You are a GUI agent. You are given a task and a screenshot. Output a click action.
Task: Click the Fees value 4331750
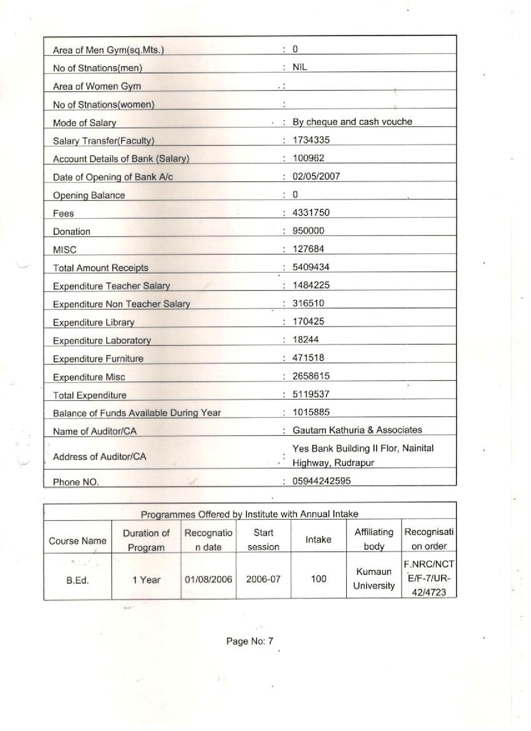(x=311, y=213)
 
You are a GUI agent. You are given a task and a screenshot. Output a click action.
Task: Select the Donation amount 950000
(x=308, y=231)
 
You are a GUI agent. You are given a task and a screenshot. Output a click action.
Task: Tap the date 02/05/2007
(x=316, y=176)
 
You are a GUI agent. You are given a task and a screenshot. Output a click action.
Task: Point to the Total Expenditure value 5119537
(x=311, y=394)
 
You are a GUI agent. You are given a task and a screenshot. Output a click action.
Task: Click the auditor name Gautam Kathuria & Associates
(x=357, y=430)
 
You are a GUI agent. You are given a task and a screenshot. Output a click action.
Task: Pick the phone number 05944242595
(x=321, y=481)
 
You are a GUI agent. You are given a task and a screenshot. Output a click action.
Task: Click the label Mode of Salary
(x=85, y=123)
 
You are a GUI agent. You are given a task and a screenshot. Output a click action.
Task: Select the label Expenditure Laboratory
(x=102, y=341)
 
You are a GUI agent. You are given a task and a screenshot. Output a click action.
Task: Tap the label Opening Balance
(x=89, y=195)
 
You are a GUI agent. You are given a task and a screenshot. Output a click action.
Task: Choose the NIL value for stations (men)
(x=299, y=68)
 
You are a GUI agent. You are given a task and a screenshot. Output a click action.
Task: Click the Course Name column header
(x=77, y=541)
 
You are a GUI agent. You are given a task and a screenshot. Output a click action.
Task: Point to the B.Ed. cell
(x=77, y=580)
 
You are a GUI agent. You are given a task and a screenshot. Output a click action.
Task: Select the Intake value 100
(x=319, y=579)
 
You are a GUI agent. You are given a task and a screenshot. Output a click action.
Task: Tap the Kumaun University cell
(x=374, y=578)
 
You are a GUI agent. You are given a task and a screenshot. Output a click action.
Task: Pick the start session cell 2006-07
(x=263, y=579)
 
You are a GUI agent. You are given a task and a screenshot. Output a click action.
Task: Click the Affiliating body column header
(x=374, y=539)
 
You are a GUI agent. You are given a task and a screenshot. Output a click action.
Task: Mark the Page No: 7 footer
(x=249, y=641)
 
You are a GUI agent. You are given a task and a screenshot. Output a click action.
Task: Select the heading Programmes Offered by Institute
(x=249, y=514)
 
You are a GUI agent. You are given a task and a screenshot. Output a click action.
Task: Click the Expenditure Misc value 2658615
(x=311, y=376)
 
